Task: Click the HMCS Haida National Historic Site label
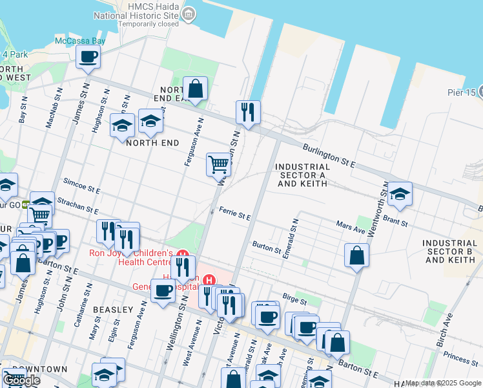point(136,14)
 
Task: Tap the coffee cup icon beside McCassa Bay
point(88,56)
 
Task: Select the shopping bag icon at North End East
point(195,89)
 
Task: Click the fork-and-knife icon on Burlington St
point(248,112)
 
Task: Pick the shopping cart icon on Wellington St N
point(219,164)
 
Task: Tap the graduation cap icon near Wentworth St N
point(400,193)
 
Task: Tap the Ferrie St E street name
point(234,214)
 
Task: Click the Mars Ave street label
point(351,226)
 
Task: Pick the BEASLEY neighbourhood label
point(112,310)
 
